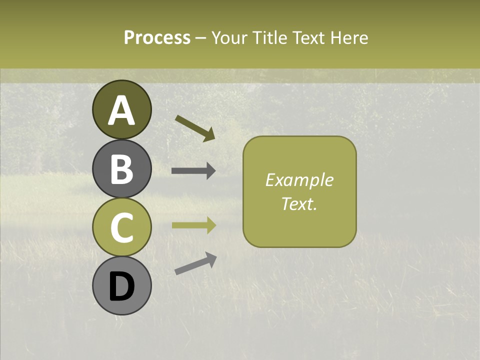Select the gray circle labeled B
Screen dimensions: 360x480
121,168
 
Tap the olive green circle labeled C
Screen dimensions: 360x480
121,227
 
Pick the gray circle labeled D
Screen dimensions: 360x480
121,285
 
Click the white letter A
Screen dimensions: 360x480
121,111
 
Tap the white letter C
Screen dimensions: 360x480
121,227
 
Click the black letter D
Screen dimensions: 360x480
121,287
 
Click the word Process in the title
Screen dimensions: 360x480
157,38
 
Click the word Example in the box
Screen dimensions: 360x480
299,180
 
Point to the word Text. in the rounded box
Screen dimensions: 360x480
299,203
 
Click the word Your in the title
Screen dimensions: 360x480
230,38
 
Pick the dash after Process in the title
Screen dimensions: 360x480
201,38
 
